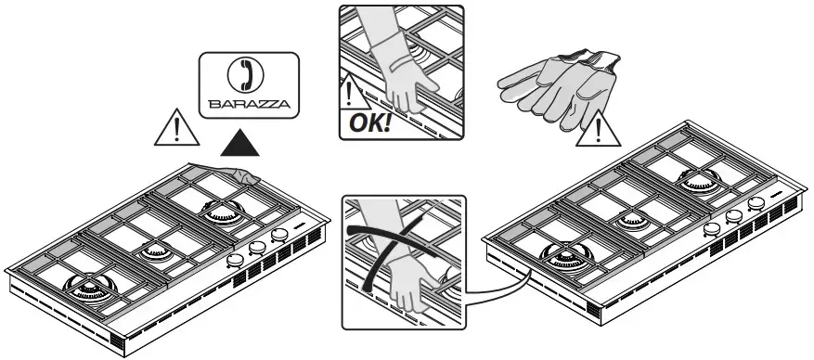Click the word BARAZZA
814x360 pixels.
coord(249,104)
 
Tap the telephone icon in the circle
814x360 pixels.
coord(246,75)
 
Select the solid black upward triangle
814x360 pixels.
coord(239,143)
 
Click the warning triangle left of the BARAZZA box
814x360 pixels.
coord(176,128)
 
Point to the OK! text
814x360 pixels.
coord(369,123)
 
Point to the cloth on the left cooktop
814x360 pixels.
coord(227,173)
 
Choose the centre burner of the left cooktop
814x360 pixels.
coord(155,251)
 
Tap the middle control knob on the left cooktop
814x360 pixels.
coord(257,248)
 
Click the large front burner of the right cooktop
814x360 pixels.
coord(566,256)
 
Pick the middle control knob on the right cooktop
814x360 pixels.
coord(733,215)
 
